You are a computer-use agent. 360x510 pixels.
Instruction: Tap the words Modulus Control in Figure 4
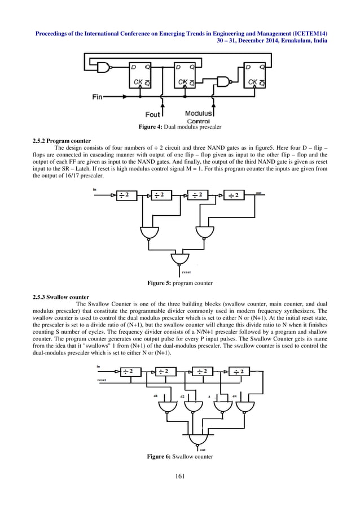198,117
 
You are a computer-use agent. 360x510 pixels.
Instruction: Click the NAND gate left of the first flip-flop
104,68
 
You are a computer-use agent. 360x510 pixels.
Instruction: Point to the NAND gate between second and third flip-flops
224,81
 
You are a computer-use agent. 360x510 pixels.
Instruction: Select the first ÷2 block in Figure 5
126,195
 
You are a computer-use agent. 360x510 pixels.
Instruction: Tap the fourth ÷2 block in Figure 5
235,195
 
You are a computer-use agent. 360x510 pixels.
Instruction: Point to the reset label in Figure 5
186,272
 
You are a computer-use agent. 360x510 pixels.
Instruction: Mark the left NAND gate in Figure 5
148,232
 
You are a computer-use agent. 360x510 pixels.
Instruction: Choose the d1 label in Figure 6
156,396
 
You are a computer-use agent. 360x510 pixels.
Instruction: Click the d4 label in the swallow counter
234,396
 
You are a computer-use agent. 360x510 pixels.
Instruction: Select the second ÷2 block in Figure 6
165,371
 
